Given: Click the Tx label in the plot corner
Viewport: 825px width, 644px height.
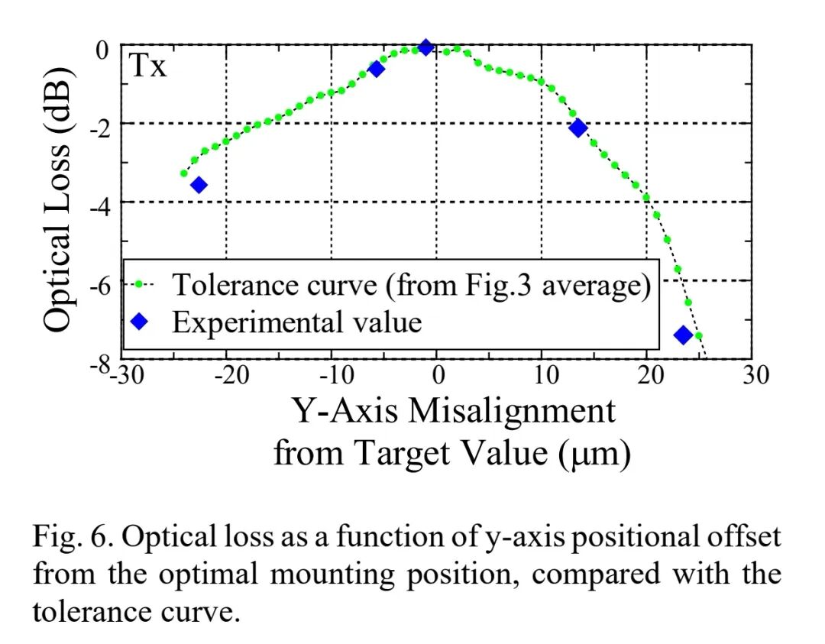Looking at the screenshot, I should (x=147, y=67).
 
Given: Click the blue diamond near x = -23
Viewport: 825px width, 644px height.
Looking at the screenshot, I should (x=199, y=185).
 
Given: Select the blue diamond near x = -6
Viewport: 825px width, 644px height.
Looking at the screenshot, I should (x=376, y=70).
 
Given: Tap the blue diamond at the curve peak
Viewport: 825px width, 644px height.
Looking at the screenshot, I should (x=426, y=47).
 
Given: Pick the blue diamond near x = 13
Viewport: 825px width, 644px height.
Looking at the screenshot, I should (x=578, y=128).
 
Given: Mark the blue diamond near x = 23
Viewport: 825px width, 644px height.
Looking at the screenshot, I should (x=683, y=335).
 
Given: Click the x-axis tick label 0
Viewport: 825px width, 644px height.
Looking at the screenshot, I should (x=438, y=376).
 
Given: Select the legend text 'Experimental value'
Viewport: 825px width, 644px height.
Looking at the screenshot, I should (x=297, y=322).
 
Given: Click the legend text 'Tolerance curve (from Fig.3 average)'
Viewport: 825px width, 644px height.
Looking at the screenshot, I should (x=411, y=285).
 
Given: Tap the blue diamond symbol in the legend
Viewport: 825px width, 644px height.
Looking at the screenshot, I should (x=141, y=322).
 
